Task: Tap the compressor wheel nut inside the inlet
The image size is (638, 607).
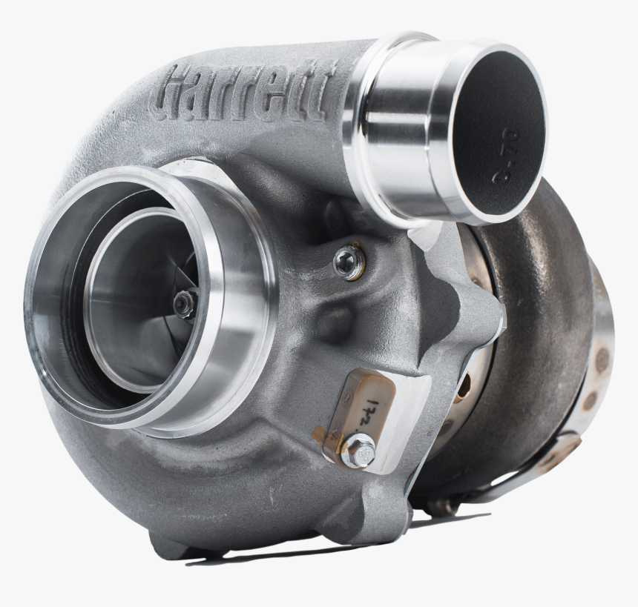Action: pos(185,303)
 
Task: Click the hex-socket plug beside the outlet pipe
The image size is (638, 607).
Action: pos(349,261)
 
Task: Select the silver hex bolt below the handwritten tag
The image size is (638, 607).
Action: pos(360,449)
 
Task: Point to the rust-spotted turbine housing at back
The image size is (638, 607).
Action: pos(545,311)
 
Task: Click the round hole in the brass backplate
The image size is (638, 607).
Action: pos(464,385)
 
